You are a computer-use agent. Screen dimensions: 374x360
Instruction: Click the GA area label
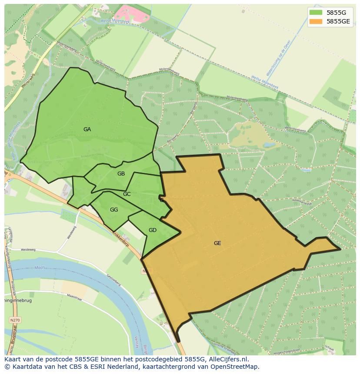[x=87, y=129]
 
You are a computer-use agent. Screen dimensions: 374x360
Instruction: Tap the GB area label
[x=121, y=174]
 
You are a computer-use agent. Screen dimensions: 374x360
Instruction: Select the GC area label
[x=127, y=194]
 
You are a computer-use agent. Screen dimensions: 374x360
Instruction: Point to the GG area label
[x=114, y=210]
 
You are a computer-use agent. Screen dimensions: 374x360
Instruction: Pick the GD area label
[x=152, y=230]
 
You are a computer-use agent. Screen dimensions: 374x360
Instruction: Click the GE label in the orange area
[x=217, y=243]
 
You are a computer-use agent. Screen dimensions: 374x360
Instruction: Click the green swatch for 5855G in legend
[x=316, y=12]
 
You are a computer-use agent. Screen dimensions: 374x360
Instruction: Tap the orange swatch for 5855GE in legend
[x=316, y=21]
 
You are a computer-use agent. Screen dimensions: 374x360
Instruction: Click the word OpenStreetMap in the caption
[x=235, y=367]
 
